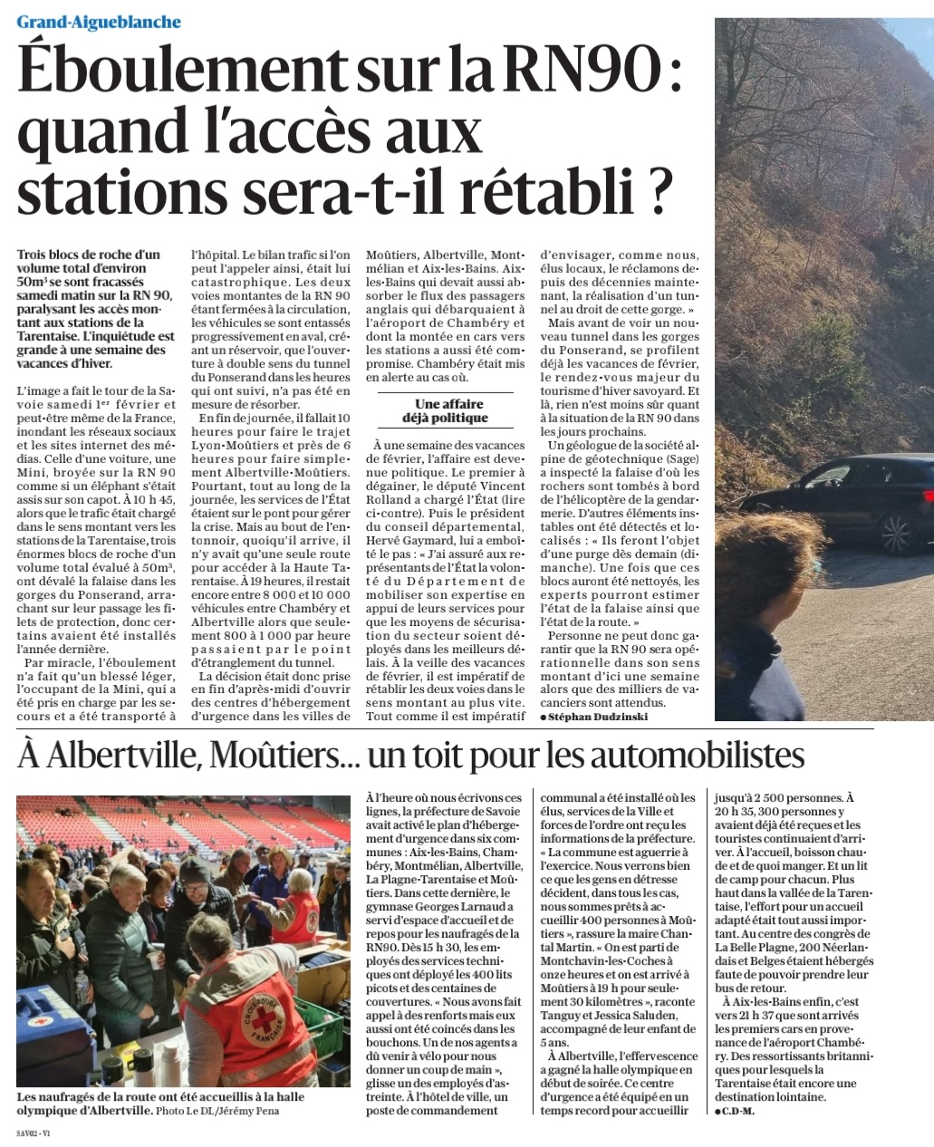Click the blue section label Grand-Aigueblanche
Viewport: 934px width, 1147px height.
point(99,22)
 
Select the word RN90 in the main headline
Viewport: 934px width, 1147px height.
point(584,72)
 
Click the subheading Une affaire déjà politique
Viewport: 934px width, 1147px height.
point(450,410)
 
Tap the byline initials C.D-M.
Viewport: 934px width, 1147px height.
point(737,1111)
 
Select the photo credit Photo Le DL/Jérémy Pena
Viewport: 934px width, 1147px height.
point(230,1111)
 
